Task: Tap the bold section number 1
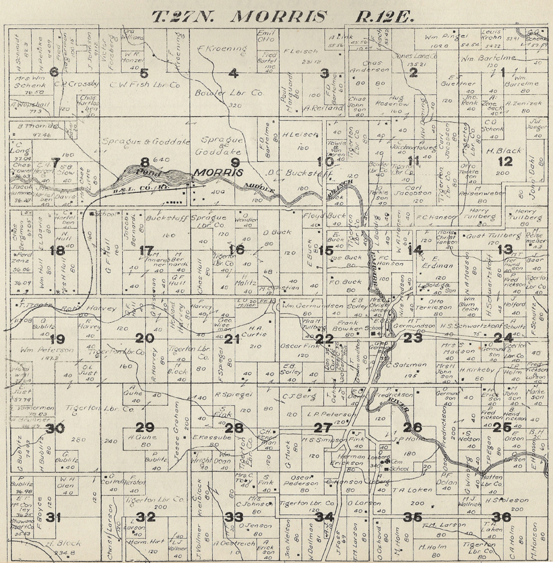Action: pos(503,72)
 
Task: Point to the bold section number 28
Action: pos(234,428)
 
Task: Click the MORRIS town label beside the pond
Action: pos(218,172)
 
